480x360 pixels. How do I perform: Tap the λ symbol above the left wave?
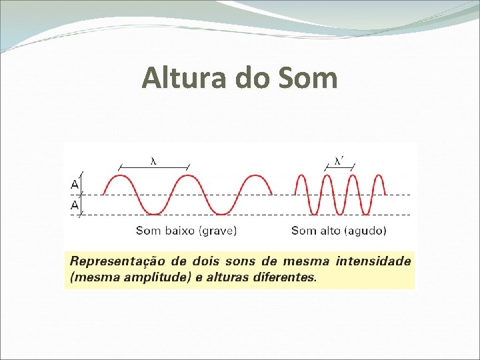153,160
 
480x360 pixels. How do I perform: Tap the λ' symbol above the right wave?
339,160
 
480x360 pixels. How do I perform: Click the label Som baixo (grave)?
186,231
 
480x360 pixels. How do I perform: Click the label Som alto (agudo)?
339,231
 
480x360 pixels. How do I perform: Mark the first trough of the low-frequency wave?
154,214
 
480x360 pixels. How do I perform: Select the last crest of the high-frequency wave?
379,176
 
